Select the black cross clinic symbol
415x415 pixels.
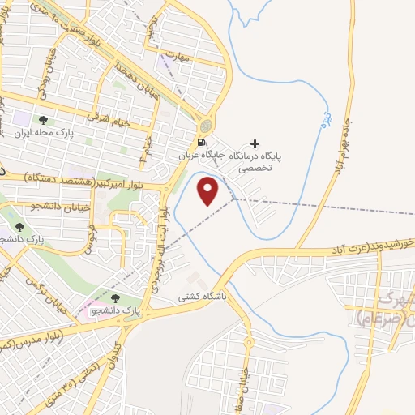[255, 143]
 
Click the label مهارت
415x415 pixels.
[176, 56]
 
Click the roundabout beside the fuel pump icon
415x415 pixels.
[206, 126]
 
